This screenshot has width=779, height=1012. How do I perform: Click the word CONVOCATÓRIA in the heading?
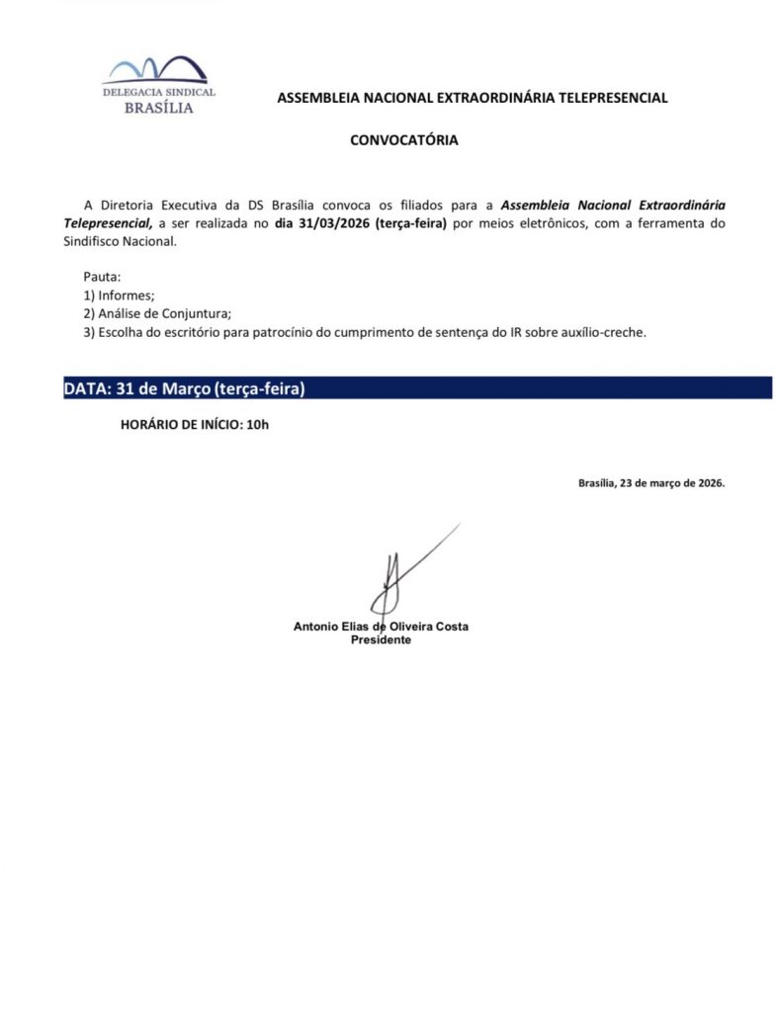point(403,140)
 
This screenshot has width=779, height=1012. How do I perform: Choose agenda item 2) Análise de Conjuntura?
point(157,313)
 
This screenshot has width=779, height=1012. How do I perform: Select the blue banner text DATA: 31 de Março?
point(184,388)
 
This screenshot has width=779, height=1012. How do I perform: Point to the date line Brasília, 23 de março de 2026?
point(651,483)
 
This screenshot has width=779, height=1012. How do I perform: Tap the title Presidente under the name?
point(381,640)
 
